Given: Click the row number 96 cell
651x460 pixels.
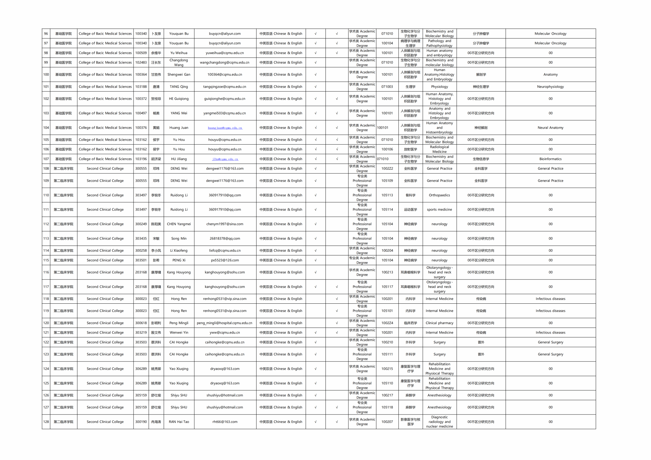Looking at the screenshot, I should [46, 34].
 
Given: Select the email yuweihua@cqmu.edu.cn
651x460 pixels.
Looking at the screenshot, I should [225, 53].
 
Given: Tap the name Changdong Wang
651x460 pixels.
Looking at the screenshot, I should [179, 63].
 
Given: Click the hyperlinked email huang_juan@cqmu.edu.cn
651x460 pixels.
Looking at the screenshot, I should [225, 128].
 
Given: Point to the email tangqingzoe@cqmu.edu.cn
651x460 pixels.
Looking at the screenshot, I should [225, 87].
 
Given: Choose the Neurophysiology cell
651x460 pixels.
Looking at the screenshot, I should [550, 87].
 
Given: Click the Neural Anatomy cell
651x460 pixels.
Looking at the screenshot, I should [550, 128].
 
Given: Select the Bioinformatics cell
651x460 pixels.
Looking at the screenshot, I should [550, 159].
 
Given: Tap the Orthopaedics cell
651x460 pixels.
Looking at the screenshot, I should [439, 195].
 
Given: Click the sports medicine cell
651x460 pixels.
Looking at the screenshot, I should [439, 210].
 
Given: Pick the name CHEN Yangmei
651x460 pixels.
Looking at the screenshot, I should [179, 224].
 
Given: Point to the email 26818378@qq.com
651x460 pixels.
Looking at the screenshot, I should [225, 239].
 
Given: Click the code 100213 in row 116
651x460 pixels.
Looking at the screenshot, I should [387, 273].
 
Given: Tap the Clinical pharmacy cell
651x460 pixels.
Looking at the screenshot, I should [439, 323].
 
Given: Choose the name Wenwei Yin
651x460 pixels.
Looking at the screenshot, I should [179, 333].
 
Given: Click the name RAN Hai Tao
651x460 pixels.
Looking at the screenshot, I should [179, 422].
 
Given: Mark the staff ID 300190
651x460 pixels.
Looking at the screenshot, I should [141, 422].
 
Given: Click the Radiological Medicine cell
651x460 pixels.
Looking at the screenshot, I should [439, 149].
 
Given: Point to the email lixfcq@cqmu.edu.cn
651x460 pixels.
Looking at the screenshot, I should [225, 251].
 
